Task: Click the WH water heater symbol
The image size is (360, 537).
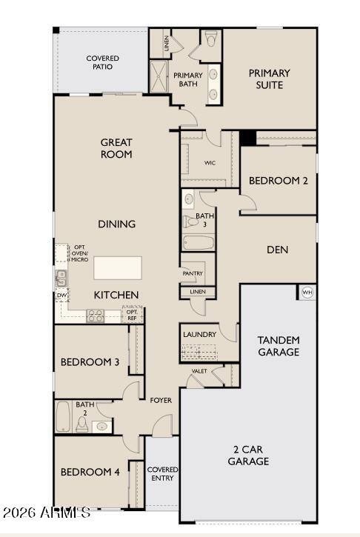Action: [x=307, y=293]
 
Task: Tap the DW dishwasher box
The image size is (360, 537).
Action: [x=61, y=295]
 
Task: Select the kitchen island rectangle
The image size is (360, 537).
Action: [x=117, y=267]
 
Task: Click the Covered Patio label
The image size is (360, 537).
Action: [x=102, y=62]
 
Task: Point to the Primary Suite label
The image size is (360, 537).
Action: [x=269, y=79]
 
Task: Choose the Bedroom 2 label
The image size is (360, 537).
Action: [x=277, y=180]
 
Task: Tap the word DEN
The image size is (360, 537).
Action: [x=277, y=250]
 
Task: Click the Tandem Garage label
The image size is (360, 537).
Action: [x=279, y=346]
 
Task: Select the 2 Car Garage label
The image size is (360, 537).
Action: [x=248, y=456]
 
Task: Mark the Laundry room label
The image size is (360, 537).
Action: [x=200, y=334]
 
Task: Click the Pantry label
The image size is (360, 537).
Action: [x=193, y=273]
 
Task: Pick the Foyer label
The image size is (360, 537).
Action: [x=161, y=400]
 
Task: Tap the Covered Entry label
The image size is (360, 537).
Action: [x=162, y=474]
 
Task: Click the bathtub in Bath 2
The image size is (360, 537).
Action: [x=63, y=416]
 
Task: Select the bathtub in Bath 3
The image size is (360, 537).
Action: [x=199, y=242]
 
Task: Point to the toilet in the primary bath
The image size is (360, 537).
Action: [x=210, y=40]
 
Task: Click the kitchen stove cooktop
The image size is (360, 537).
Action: [x=96, y=316]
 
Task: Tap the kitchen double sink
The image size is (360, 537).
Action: [x=61, y=278]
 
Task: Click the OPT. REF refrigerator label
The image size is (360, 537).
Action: [x=132, y=315]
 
